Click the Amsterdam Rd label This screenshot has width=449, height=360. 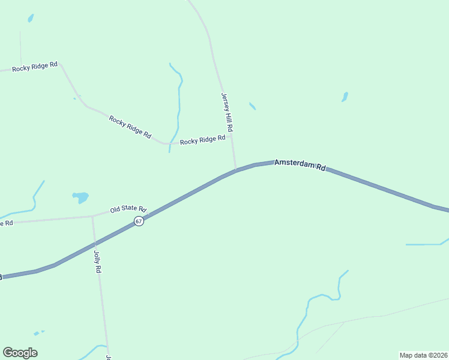300,165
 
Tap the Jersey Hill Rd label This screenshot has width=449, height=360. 226,112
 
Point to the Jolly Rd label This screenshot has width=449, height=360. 97,262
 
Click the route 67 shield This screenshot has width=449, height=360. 139,221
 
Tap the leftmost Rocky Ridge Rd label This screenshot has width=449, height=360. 35,66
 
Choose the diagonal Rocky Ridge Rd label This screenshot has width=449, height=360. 130,127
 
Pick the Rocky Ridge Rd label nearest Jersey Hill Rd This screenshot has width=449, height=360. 202,140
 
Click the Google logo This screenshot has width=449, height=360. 20,353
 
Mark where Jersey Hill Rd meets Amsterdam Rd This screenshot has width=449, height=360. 236,170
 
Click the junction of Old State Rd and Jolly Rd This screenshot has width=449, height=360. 92,216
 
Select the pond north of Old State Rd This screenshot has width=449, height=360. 80,196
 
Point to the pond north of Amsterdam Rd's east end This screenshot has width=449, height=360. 345,97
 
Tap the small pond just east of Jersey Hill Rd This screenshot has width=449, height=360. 253,106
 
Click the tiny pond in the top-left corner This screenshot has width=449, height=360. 30,18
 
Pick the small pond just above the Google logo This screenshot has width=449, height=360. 38,332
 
